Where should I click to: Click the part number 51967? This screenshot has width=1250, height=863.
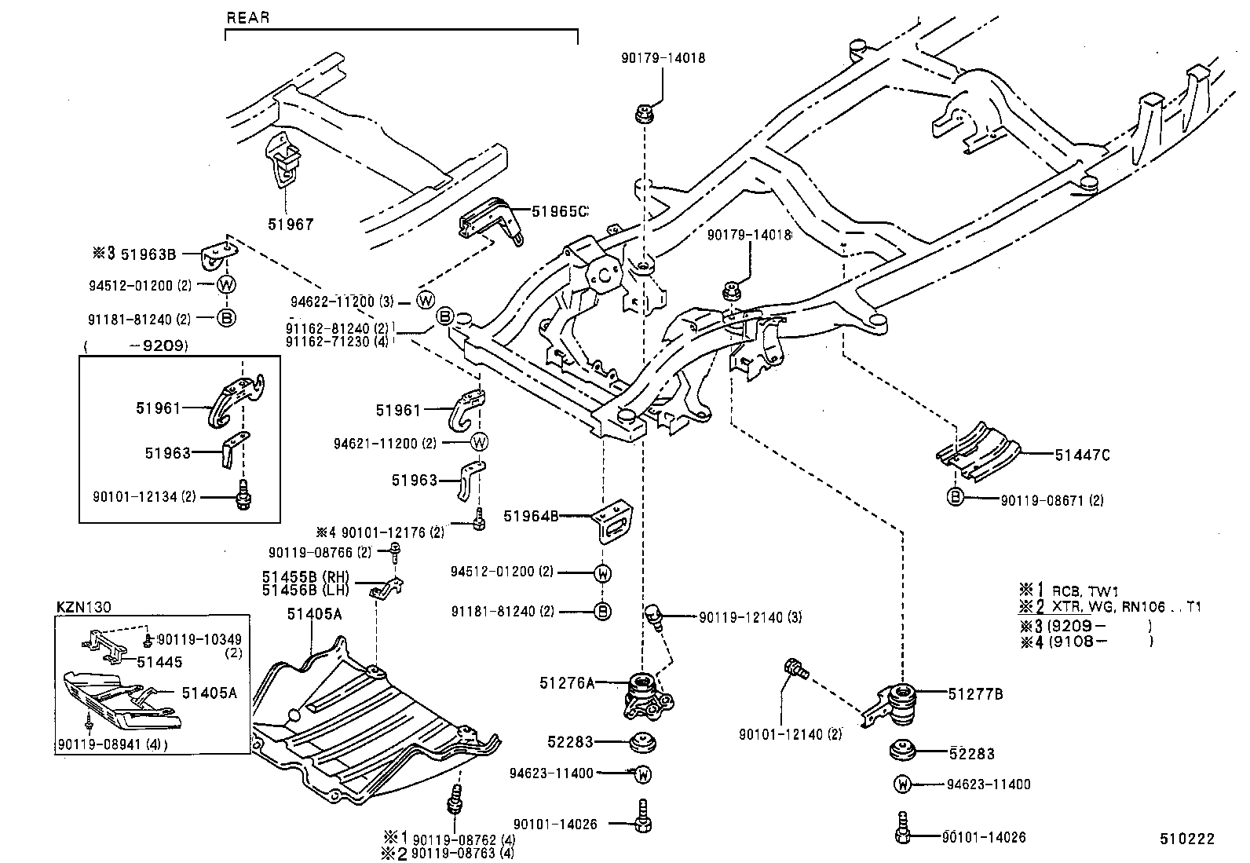click(x=290, y=224)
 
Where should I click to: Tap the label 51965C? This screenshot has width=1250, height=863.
click(x=559, y=211)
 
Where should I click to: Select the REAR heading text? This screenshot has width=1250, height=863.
click(x=247, y=17)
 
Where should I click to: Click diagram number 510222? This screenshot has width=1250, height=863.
click(x=1187, y=839)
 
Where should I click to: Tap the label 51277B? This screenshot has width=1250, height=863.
click(x=975, y=693)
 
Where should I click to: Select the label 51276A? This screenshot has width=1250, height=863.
click(x=566, y=683)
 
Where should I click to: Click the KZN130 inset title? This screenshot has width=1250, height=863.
click(x=84, y=606)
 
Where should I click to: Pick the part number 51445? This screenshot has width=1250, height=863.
click(x=159, y=661)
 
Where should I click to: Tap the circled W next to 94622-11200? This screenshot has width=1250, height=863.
click(x=425, y=300)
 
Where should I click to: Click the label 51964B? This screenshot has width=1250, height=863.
click(x=531, y=516)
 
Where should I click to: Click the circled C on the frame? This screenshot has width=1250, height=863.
click(x=605, y=274)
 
